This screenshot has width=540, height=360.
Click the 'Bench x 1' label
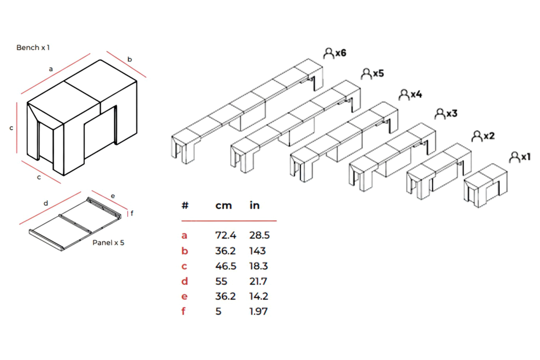pos(33,48)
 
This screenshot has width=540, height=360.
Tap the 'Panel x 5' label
pos(108,243)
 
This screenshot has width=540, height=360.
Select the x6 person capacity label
pos(335,53)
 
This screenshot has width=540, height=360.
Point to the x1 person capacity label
pos(520,157)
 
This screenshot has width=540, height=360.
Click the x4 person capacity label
pos(410,94)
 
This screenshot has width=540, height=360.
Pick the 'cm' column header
pos(224,206)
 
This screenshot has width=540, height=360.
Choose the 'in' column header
pos(255,206)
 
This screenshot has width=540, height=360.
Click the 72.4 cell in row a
pos(225,235)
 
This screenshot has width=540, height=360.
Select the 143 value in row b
pos(257,251)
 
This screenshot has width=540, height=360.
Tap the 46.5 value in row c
pos(226,266)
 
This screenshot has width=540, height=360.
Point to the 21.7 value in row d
pos(258,281)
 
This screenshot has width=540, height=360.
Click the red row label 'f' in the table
pos(184,311)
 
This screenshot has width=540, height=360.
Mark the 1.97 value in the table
pos(258,311)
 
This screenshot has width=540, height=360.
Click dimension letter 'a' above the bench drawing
pos(51,69)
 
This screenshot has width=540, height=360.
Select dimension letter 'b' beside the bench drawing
pos(130,59)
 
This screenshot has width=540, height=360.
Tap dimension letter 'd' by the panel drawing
pos(46,203)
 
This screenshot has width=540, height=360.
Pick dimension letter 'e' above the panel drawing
pos(113,196)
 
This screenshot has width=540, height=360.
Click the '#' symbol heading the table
pos(185,206)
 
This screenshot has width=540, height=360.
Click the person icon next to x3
pos(440,114)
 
